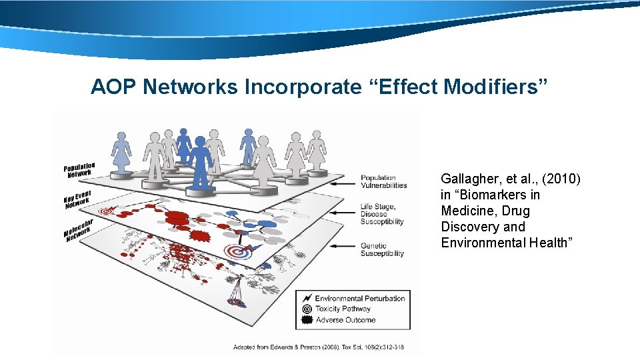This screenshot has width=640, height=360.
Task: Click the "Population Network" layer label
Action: (x=79, y=170)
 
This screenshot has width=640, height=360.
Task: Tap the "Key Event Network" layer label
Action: (x=77, y=199)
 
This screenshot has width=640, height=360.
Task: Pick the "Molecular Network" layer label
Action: (x=78, y=229)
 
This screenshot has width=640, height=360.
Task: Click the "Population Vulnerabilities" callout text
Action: (x=383, y=182)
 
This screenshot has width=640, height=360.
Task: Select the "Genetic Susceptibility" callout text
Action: (x=383, y=249)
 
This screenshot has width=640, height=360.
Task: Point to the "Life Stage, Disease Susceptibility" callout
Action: (x=382, y=214)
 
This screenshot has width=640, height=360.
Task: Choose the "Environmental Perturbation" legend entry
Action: (x=359, y=298)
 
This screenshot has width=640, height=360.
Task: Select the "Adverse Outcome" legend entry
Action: (x=345, y=320)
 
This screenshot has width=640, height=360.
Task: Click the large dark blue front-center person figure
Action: (x=200, y=163)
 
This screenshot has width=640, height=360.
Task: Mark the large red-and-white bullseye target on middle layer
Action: (x=236, y=252)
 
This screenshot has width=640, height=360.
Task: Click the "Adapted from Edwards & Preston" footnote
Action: (x=318, y=347)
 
